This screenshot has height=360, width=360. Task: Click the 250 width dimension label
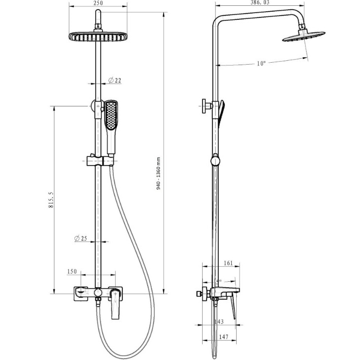click(99, 3)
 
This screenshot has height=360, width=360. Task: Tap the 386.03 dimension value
click(259, 2)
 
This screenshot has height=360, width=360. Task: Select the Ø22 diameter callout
click(115, 80)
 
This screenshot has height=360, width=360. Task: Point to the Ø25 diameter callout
click(81, 239)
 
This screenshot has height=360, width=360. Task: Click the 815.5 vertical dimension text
click(51, 200)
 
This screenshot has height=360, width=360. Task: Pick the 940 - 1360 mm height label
click(158, 173)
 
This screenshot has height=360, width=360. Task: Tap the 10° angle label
click(261, 63)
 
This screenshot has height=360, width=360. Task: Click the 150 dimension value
click(72, 272)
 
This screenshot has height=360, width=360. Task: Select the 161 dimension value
click(228, 263)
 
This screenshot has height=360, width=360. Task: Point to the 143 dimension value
click(219, 322)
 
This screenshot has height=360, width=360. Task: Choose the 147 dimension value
click(223, 337)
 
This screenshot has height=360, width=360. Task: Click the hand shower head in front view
click(111, 115)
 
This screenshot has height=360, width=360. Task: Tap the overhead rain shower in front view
click(98, 36)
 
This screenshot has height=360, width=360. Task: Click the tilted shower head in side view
click(303, 37)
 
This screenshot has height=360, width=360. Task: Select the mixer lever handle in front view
click(115, 304)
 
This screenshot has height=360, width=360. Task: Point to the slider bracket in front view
click(100, 161)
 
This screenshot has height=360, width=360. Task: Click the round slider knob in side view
click(215, 160)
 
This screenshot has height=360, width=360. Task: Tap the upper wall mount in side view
click(207, 106)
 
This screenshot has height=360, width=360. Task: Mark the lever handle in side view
click(233, 308)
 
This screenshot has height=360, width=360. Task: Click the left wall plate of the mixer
click(81, 293)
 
